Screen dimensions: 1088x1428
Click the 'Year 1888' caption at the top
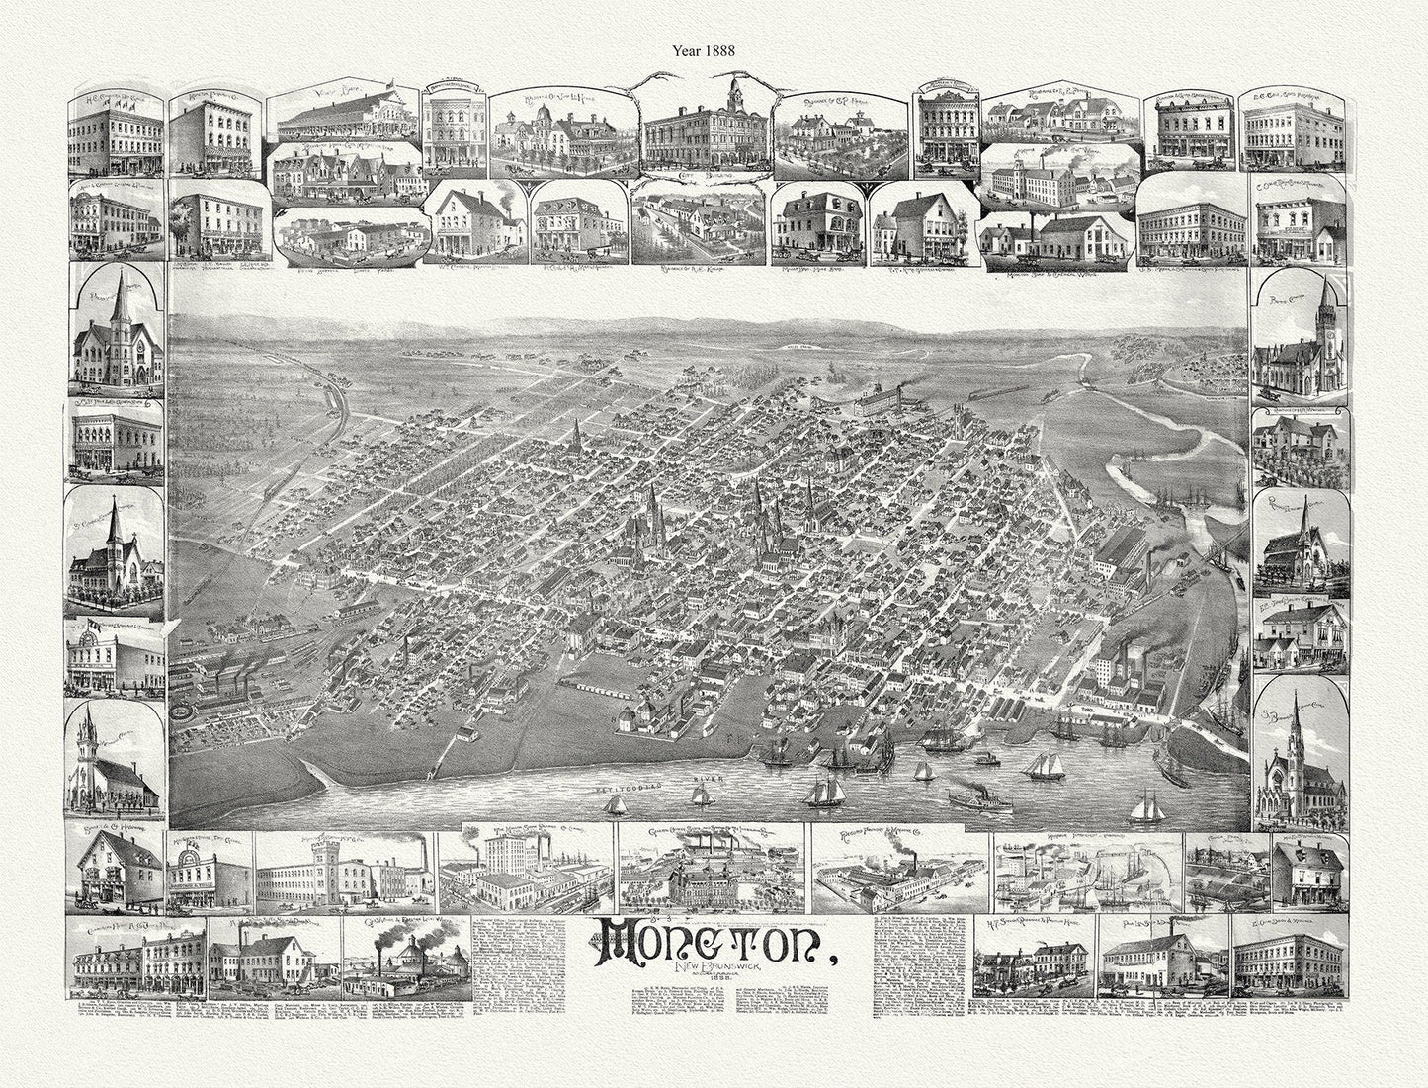(714, 44)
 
